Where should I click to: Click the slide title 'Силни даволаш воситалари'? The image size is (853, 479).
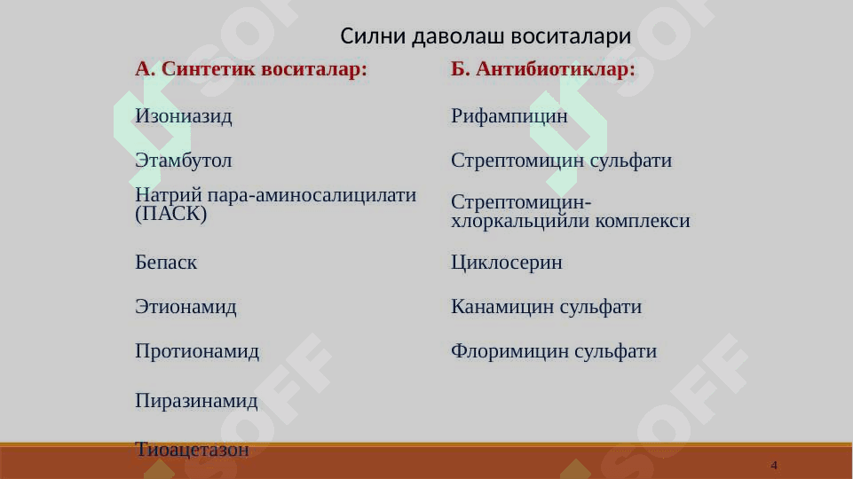tap(486, 36)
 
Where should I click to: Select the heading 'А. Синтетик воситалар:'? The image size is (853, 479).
tap(251, 69)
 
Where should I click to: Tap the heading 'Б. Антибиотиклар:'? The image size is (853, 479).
tap(543, 69)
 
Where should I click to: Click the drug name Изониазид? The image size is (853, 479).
tap(184, 116)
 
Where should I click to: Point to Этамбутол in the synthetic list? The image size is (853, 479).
tap(184, 161)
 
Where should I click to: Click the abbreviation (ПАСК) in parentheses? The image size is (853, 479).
tap(170, 213)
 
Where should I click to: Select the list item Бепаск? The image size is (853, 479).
tap(166, 262)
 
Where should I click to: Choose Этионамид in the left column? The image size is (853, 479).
tap(186, 307)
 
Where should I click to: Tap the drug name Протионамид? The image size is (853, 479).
tap(197, 351)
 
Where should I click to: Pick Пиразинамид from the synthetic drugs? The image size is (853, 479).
tap(196, 401)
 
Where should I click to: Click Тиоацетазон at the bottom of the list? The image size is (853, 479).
tap(192, 450)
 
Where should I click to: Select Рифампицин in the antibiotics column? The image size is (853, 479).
tap(509, 116)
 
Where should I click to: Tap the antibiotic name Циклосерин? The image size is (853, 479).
tap(507, 263)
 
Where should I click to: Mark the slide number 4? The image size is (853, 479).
tap(774, 466)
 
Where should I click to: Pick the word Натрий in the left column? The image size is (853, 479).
tap(169, 194)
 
